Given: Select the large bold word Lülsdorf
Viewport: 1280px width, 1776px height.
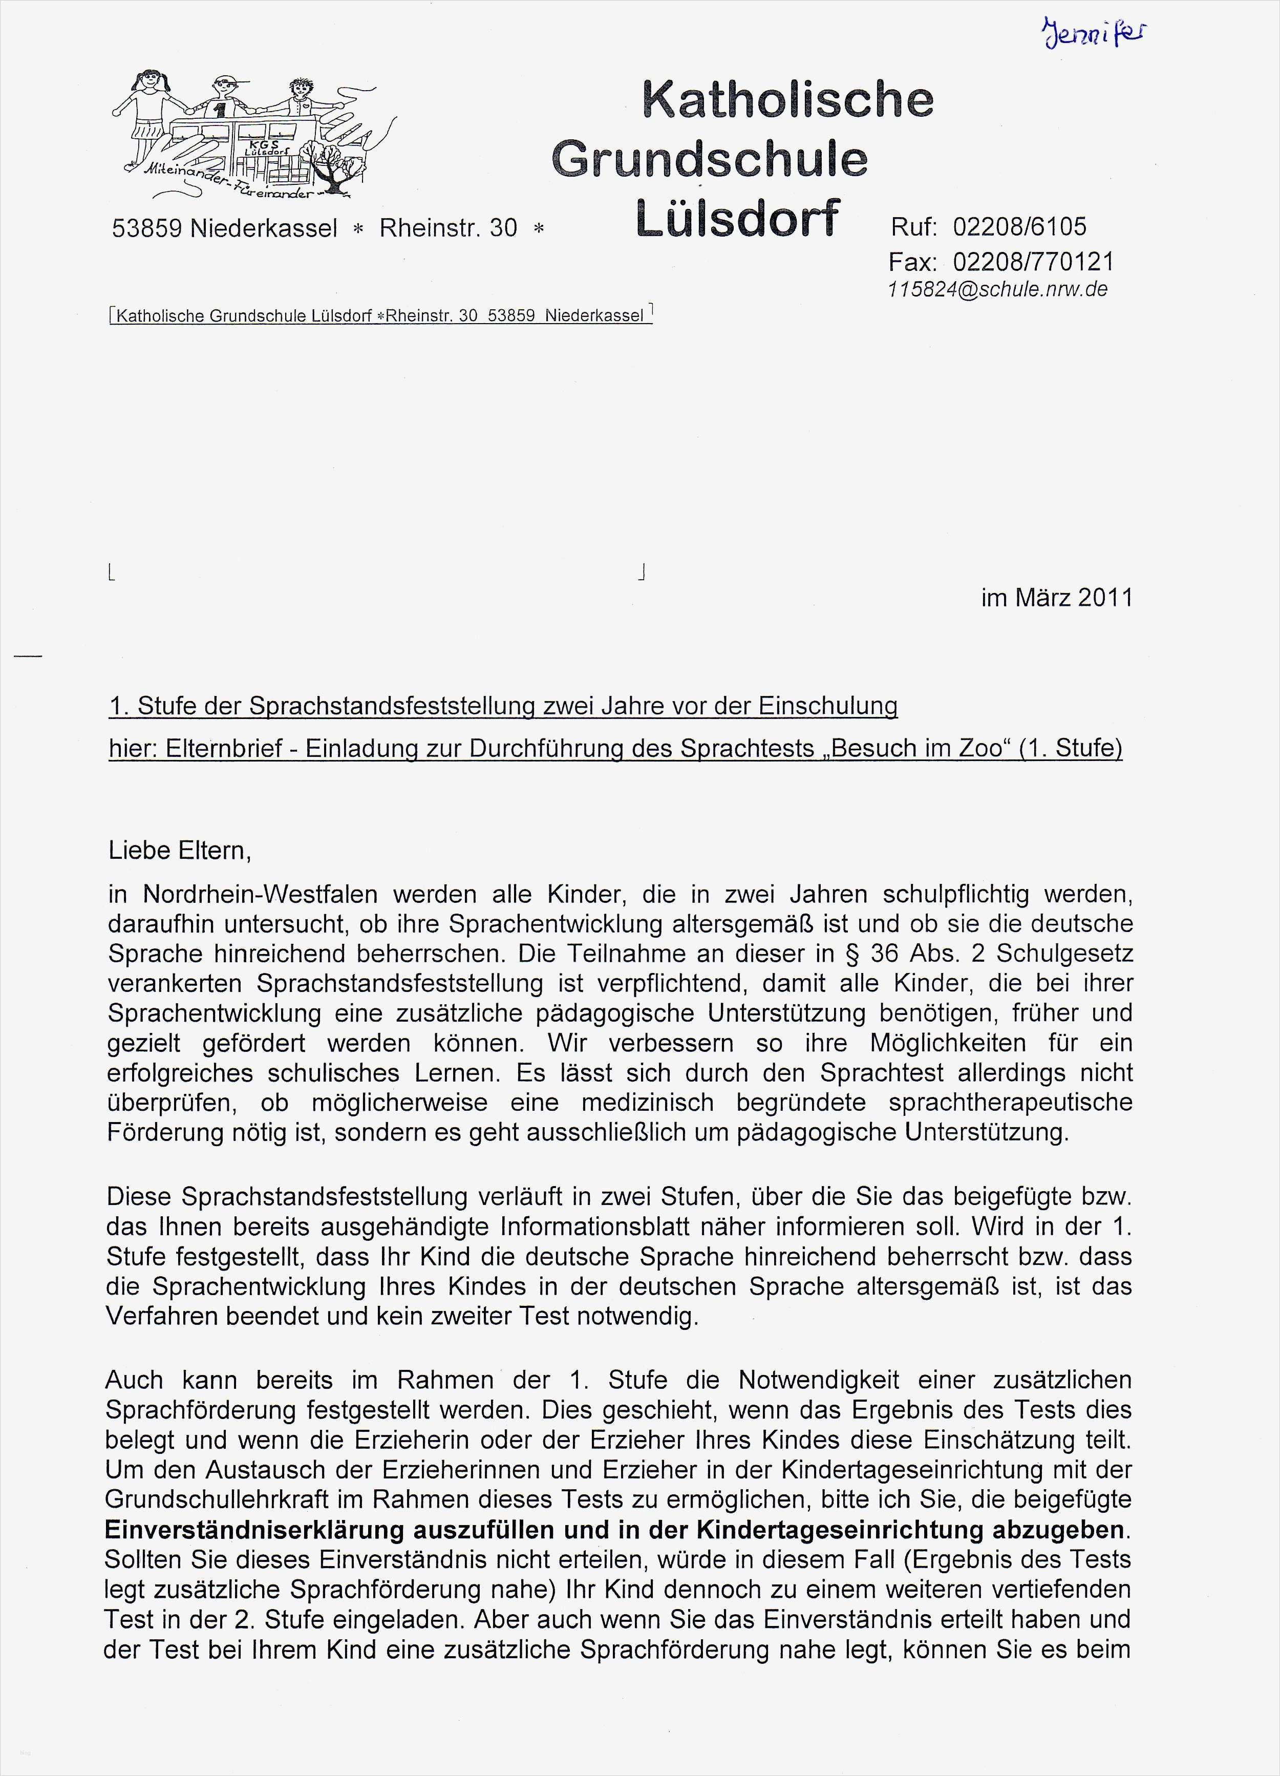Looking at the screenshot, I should coord(737,217).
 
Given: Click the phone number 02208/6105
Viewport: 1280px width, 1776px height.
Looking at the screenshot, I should coord(1019,227).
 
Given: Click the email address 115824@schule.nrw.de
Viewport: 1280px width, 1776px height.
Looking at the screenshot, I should coord(997,289).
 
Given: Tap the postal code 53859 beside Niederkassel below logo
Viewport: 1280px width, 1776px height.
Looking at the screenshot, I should coord(146,228).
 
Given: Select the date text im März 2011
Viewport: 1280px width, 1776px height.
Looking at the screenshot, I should coord(1056,598).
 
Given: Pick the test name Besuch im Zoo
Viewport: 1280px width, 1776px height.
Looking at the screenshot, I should coord(916,749).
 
